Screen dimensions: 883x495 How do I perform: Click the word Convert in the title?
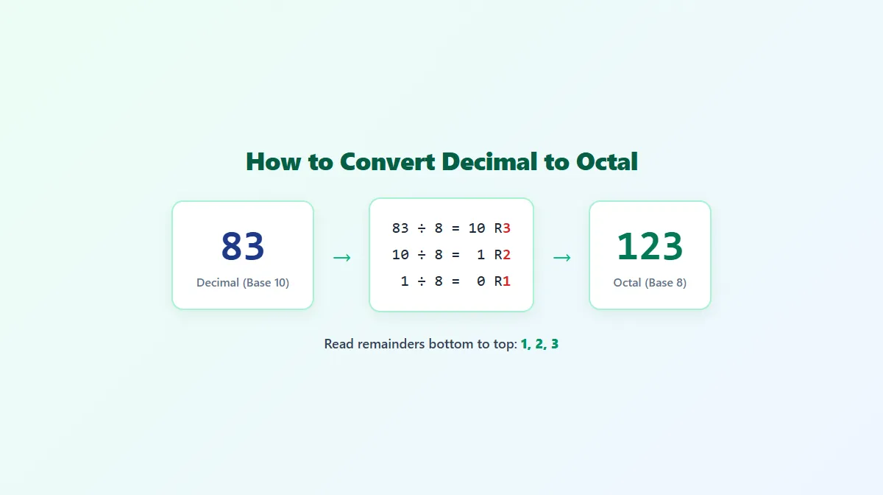click(x=387, y=162)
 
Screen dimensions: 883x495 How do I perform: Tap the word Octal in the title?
click(x=606, y=162)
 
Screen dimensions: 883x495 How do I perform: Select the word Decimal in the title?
click(x=489, y=162)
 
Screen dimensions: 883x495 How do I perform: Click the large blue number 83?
click(x=243, y=246)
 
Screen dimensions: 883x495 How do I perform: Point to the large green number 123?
click(x=650, y=246)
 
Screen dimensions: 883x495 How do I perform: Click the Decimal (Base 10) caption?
click(x=243, y=283)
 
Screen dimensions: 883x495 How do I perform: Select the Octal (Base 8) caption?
click(x=650, y=283)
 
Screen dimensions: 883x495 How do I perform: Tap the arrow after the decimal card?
click(x=341, y=258)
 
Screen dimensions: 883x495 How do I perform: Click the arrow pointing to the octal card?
click(x=561, y=258)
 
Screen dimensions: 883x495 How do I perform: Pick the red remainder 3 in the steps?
click(x=506, y=228)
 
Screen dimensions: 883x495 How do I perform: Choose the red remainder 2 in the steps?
click(x=506, y=255)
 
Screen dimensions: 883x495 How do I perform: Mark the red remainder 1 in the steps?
click(x=506, y=281)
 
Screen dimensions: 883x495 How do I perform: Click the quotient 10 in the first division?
click(x=477, y=228)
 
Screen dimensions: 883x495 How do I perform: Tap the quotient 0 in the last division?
click(x=481, y=281)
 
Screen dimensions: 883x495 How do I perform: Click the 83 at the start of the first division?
click(x=400, y=228)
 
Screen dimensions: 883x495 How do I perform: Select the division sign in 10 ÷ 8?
click(x=422, y=255)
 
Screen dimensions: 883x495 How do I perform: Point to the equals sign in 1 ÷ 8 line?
click(x=455, y=281)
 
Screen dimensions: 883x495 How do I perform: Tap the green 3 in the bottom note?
click(x=555, y=344)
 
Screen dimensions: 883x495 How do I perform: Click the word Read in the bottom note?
click(x=338, y=344)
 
